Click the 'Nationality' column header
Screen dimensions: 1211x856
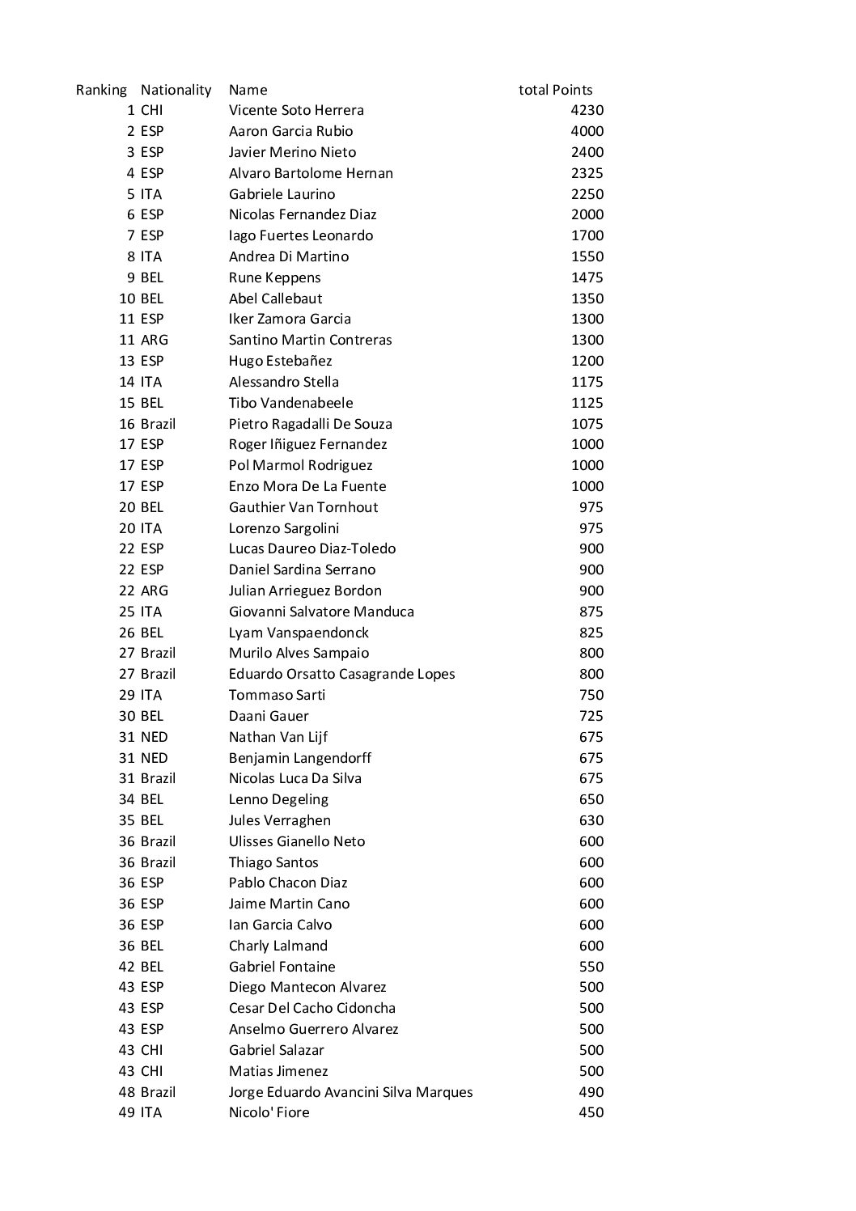(176, 90)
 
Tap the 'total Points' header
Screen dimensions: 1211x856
(555, 90)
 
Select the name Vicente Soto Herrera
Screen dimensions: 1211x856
(296, 110)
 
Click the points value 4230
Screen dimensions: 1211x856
(587, 110)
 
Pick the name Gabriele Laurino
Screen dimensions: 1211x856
(282, 194)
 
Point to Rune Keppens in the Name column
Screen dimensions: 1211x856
(274, 277)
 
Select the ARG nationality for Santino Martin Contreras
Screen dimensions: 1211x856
(154, 340)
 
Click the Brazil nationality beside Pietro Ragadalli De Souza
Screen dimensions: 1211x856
(158, 424)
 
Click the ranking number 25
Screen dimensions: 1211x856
(127, 612)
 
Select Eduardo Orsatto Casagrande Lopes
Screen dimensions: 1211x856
(341, 674)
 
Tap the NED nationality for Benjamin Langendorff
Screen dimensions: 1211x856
(154, 758)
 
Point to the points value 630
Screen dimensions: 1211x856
(591, 820)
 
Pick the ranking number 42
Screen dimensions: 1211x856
(127, 967)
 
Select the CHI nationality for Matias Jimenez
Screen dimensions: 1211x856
(151, 1071)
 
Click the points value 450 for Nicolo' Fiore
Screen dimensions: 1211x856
(591, 1112)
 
